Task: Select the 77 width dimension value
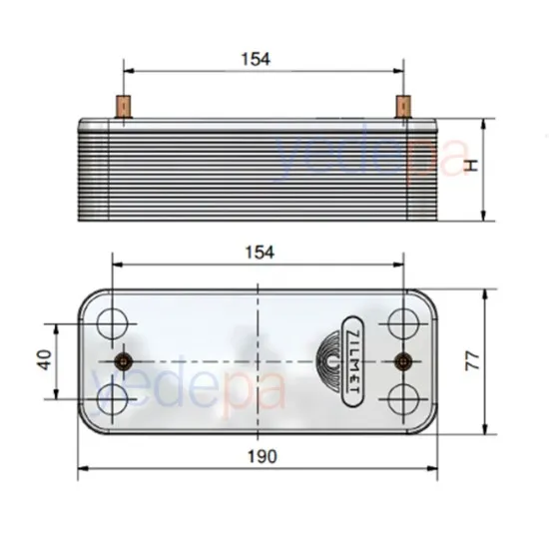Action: (472, 360)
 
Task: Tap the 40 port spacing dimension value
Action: (43, 360)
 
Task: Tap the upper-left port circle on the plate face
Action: (114, 323)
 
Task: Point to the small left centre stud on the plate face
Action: (124, 360)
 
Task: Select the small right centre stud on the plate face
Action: (403, 360)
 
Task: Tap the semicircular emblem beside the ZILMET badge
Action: (330, 360)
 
